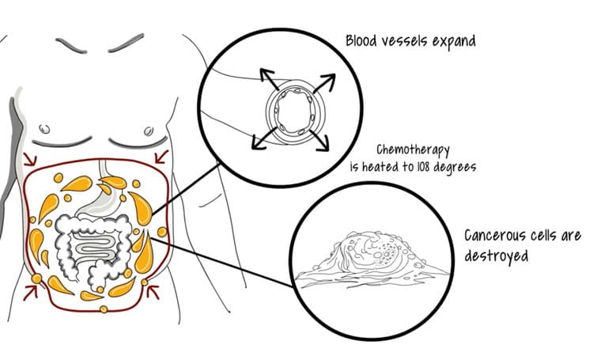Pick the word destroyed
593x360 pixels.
click(x=496, y=256)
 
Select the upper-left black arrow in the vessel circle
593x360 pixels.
click(x=266, y=78)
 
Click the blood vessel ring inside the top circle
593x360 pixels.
click(x=292, y=111)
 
